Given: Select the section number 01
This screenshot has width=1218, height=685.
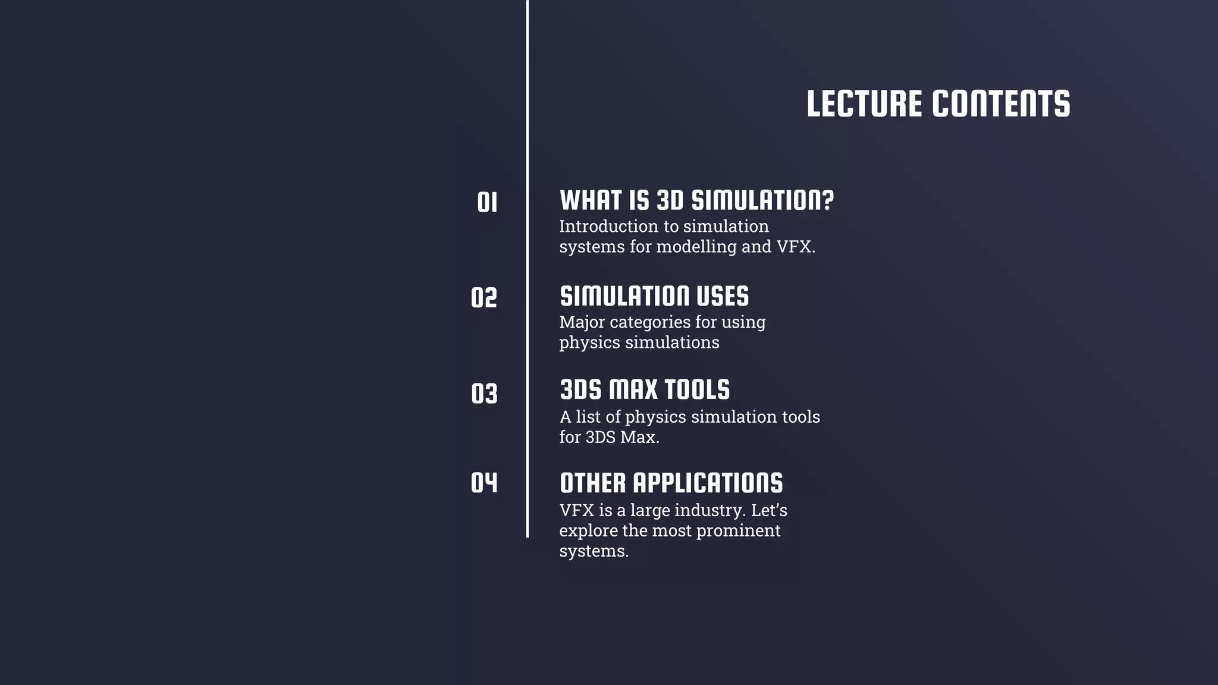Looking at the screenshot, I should [x=487, y=202].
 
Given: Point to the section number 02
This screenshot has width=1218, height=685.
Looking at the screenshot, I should [x=484, y=297].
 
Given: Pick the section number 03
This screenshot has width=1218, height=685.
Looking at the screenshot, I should [x=484, y=393].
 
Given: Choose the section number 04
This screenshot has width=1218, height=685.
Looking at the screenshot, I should [x=484, y=482].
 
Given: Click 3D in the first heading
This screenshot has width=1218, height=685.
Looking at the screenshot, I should [x=670, y=200].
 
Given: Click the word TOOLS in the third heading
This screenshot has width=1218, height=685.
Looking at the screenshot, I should [x=696, y=389].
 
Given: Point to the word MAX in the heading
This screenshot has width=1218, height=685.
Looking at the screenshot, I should [x=633, y=389].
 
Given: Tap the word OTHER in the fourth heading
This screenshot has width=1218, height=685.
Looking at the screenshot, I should [x=593, y=483].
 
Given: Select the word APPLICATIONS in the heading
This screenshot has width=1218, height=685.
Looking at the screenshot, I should [x=708, y=483].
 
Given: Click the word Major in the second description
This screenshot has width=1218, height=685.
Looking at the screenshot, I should [x=582, y=322].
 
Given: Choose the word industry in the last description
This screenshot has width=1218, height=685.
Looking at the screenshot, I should [x=710, y=511].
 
